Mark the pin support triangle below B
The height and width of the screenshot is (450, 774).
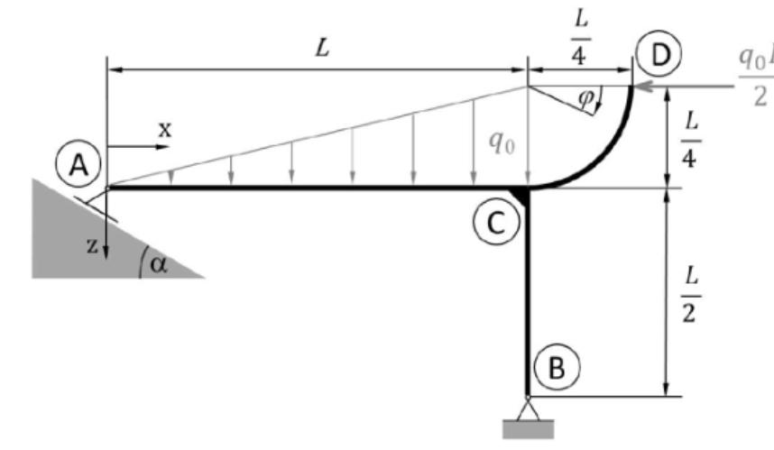[528, 409]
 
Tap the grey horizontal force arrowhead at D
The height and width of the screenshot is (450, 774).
[642, 87]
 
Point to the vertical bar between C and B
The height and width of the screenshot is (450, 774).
[527, 298]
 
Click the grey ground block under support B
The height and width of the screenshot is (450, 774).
[528, 429]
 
